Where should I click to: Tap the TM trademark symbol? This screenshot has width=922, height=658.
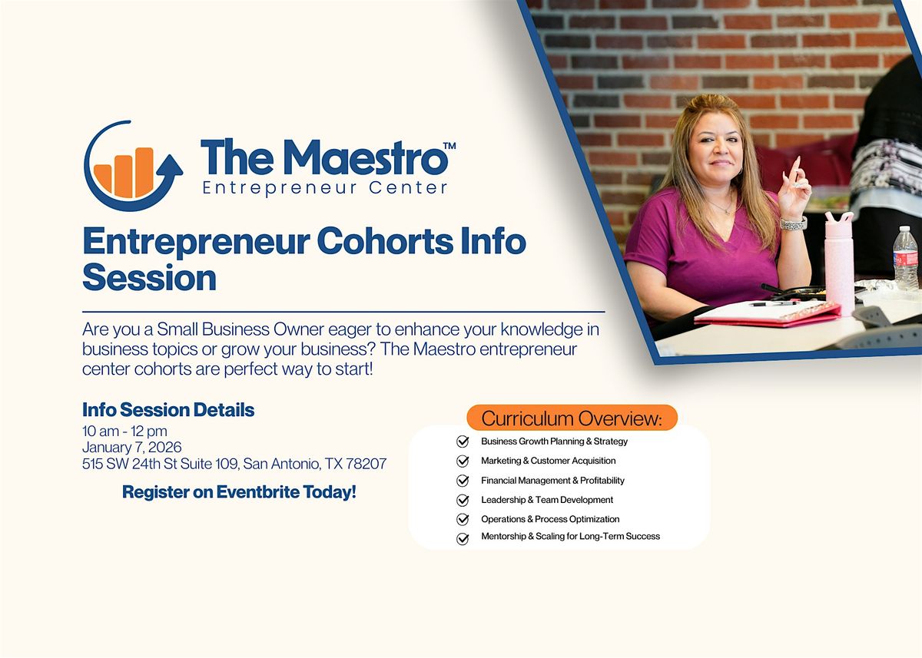[449, 146]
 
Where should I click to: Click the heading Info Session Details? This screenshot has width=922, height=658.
[168, 410]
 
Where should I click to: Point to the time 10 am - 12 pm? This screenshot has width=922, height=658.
[124, 431]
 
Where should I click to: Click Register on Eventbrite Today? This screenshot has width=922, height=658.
[239, 492]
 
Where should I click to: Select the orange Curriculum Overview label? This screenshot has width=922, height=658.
[572, 418]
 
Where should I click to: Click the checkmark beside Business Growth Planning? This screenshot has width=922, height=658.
[463, 441]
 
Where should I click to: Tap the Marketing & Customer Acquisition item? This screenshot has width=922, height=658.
[548, 461]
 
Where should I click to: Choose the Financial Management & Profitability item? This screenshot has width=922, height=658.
[552, 481]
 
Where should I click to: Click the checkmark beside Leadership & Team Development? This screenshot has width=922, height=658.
[463, 500]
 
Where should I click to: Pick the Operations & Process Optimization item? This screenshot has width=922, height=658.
[550, 519]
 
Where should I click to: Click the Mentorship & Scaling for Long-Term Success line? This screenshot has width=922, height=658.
[570, 537]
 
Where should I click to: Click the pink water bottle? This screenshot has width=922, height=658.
[839, 261]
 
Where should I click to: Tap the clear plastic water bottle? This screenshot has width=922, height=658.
[905, 258]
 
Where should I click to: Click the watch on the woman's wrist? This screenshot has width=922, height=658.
[793, 224]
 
